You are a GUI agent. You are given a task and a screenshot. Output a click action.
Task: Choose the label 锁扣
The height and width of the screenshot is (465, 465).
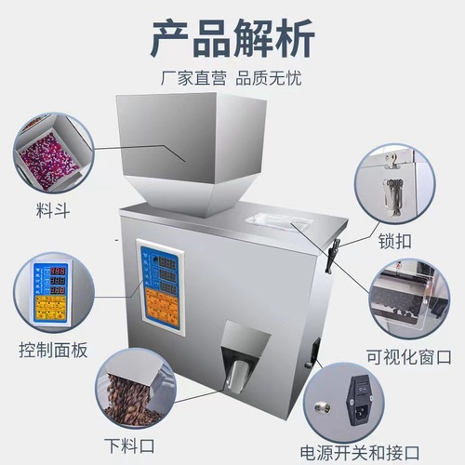398,242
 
